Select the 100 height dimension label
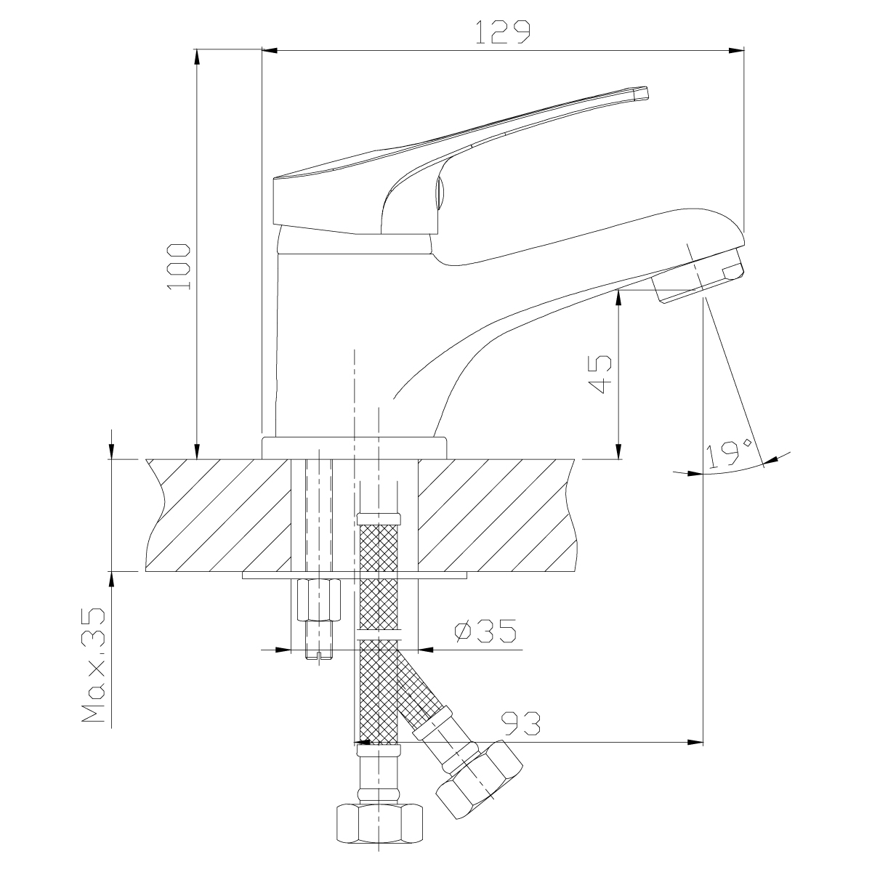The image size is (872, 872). click(179, 267)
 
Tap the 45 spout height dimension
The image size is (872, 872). click(600, 374)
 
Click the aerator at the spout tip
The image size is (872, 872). click(698, 279)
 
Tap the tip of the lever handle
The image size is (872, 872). click(641, 93)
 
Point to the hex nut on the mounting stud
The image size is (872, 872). click(318, 599)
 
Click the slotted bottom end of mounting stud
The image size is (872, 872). click(318, 655)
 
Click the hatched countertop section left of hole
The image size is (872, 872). click(218, 515)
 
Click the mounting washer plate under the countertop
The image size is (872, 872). click(354, 576)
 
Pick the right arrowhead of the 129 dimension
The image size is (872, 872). click(738, 51)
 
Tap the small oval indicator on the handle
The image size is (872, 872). click(440, 193)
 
